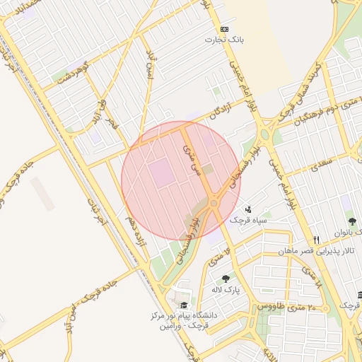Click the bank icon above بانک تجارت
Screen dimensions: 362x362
[224, 29]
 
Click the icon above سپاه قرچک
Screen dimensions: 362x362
[248, 209]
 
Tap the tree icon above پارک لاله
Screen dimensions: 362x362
[226, 279]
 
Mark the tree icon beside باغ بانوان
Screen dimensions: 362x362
[351, 222]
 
